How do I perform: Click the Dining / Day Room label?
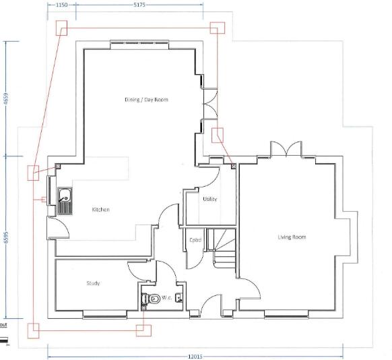tap(146, 100)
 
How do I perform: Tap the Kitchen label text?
tap(100, 210)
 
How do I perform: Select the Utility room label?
tap(209, 199)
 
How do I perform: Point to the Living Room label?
tap(292, 237)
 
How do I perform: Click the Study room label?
tap(93, 283)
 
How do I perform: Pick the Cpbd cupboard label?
tap(196, 239)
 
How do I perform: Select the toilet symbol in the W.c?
tap(151, 298)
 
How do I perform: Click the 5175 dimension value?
tap(139, 4)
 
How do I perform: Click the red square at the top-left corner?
tap(61, 27)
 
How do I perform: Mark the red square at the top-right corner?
tap(216, 28)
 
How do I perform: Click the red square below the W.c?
tap(143, 330)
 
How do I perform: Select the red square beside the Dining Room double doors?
tap(218, 133)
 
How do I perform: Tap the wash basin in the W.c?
tap(178, 297)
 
